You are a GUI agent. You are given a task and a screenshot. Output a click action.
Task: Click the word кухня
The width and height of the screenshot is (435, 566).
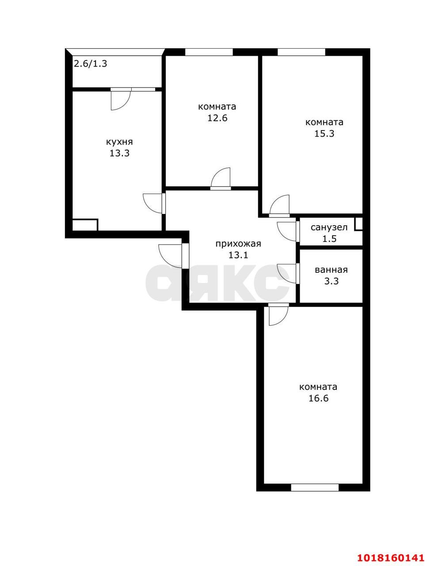point(119,142)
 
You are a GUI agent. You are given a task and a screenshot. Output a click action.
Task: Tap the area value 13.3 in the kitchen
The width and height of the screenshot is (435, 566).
point(119,153)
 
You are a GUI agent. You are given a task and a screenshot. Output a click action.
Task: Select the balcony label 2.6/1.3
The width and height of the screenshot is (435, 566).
point(91,64)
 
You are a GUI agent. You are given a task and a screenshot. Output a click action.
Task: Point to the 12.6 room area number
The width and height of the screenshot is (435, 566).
point(217,118)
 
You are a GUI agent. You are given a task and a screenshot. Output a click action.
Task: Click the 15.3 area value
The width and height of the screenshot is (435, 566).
point(324,134)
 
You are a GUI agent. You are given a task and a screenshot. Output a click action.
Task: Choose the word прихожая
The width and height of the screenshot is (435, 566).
point(238,244)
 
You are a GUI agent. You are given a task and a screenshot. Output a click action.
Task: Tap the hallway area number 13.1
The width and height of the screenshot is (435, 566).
point(238,255)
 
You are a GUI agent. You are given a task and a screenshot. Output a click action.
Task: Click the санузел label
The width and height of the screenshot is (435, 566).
point(329,228)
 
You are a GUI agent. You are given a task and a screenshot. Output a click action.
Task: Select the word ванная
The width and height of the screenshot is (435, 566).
point(331,270)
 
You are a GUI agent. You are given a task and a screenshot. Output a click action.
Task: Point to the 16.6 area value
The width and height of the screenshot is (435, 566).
point(318,405)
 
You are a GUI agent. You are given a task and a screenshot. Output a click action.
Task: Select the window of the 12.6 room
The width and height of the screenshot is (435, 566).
point(209,52)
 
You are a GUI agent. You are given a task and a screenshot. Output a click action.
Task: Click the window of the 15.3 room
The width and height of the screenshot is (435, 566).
point(301,52)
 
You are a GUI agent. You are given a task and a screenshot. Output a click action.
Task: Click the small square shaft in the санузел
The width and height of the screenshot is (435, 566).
point(359,224)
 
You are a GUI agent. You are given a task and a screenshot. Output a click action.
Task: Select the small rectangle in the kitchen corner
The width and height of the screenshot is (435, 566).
point(85,225)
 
